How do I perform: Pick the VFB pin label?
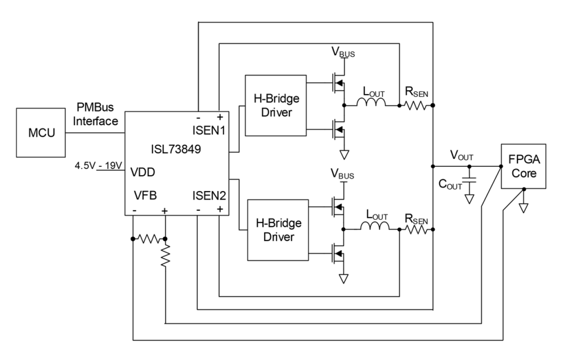[145, 195]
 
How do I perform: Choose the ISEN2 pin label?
[208, 195]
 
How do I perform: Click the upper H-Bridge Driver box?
[275, 105]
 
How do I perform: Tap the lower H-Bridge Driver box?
[278, 230]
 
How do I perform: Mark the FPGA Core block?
[524, 166]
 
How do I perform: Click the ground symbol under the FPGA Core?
[523, 208]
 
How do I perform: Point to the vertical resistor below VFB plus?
[165, 256]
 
